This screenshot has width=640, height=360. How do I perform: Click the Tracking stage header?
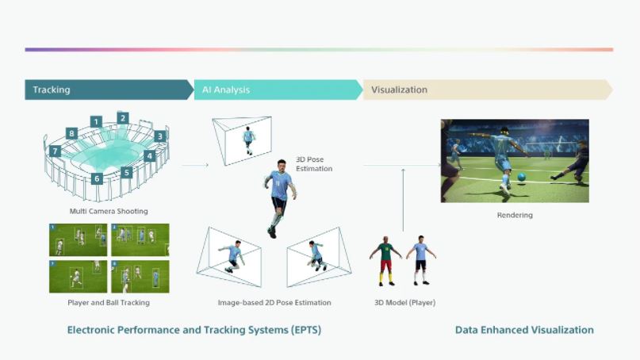pos(109,90)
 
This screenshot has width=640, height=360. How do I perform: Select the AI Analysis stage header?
pos(278,90)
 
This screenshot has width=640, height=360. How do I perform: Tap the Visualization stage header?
pos(488,90)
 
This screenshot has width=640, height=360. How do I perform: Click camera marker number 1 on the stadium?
pos(96,121)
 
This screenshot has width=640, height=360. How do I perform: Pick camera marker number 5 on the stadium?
pos(127,173)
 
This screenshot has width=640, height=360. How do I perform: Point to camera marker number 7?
pos(55,151)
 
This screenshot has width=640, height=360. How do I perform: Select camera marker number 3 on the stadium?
pos(160,136)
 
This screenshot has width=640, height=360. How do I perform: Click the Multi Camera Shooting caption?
pos(109,211)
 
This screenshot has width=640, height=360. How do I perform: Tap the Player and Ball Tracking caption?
pos(109,302)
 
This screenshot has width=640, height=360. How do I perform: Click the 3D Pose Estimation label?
pos(314,164)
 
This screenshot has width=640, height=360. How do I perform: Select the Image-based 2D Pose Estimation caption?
pos(274,302)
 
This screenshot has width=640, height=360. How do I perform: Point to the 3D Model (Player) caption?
pos(405,302)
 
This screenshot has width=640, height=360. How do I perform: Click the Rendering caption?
pos(515,215)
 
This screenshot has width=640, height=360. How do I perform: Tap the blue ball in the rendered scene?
pos(521,177)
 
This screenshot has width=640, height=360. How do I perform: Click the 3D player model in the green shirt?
pos(385,261)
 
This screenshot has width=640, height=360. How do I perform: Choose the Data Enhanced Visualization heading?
pos(524,330)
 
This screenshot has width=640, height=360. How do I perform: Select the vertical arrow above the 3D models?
pos(403,200)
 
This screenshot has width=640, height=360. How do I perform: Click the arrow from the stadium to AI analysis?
pos(195,165)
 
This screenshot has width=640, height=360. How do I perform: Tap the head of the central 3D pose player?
pos(282,165)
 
